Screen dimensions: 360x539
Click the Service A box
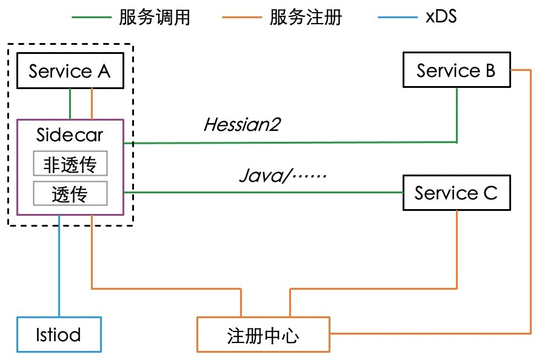[x=70, y=71]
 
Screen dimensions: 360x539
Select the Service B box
[x=456, y=71]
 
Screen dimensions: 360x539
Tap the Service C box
[x=456, y=193]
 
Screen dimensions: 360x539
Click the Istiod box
[x=58, y=334]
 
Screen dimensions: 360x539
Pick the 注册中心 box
[x=264, y=334]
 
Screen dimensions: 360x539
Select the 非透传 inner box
[x=70, y=165]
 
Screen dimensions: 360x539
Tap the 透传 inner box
[x=70, y=194]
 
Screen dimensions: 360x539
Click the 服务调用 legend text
[x=155, y=17]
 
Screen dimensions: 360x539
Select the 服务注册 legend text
[x=306, y=17]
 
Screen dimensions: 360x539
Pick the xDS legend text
[x=441, y=17]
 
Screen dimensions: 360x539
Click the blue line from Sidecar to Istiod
[x=59, y=267]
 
